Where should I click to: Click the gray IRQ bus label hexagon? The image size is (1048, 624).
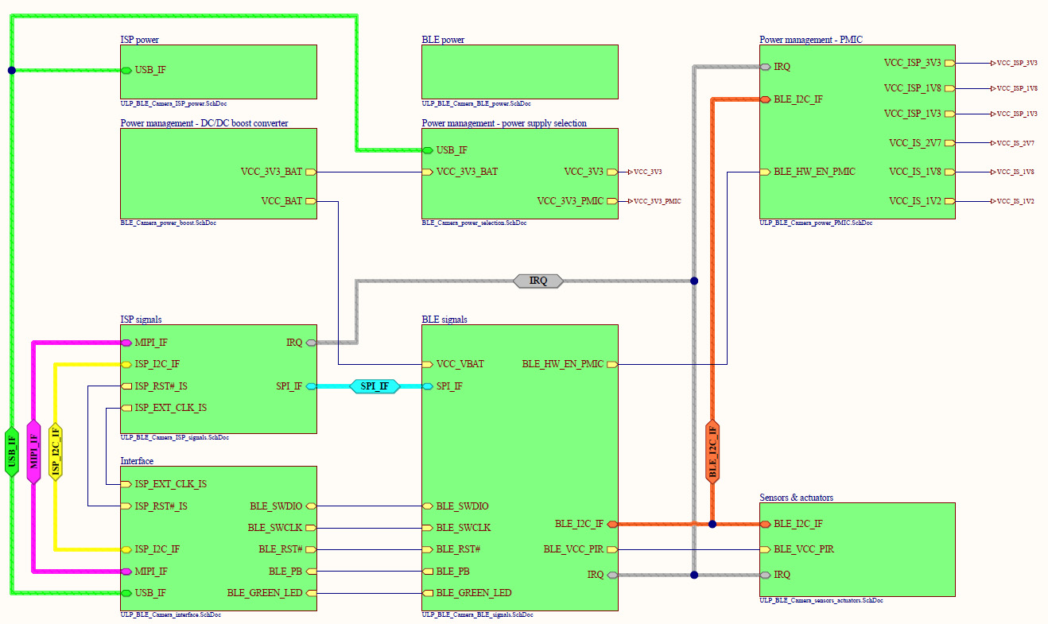click(538, 281)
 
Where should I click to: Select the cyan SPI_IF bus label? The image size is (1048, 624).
click(375, 386)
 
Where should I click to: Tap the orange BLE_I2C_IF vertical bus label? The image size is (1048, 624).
click(712, 452)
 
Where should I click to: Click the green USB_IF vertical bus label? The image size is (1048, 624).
click(11, 452)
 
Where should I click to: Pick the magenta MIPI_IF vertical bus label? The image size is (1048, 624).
click(33, 452)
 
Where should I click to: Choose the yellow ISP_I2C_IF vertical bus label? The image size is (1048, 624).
click(55, 452)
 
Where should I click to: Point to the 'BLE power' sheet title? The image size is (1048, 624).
click(443, 39)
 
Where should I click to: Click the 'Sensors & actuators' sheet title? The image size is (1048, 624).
click(796, 498)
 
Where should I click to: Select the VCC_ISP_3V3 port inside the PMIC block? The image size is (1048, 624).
click(913, 63)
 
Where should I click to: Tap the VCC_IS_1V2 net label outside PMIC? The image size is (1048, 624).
click(1015, 201)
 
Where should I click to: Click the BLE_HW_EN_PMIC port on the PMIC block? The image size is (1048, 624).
click(813, 172)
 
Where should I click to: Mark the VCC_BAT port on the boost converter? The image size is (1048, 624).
click(282, 201)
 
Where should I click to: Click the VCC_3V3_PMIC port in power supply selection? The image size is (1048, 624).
click(570, 201)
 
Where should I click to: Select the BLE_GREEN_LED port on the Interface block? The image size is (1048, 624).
click(265, 592)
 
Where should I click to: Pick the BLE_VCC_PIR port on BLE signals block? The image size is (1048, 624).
click(573, 549)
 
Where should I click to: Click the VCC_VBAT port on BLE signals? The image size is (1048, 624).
click(460, 364)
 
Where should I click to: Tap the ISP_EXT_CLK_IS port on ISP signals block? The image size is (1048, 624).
click(170, 408)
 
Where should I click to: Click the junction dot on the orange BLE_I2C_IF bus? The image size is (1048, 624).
click(712, 524)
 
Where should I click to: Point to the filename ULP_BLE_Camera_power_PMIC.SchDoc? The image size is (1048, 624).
click(816, 223)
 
